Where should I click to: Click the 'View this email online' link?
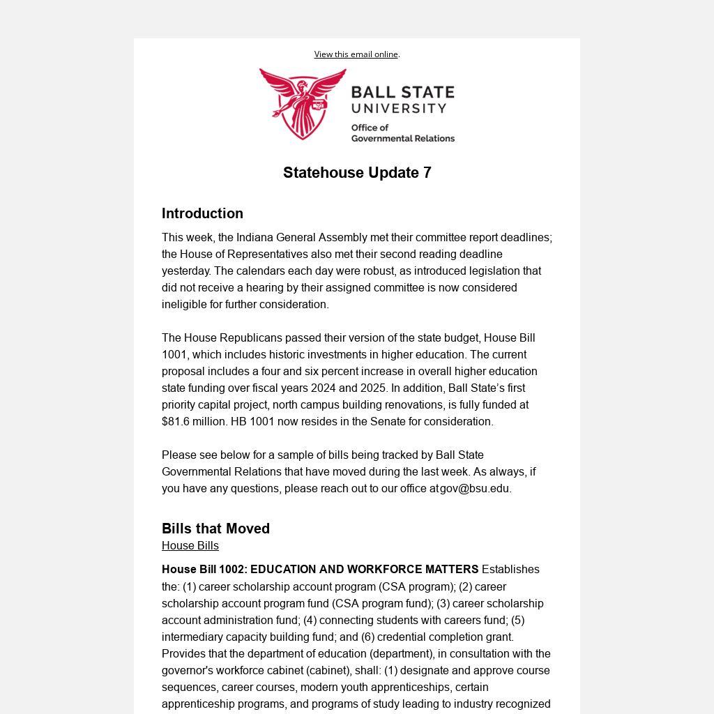(x=356, y=54)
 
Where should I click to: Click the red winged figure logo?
(x=303, y=103)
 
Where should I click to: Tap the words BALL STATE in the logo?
(x=402, y=93)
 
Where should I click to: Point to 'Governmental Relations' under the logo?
(x=402, y=138)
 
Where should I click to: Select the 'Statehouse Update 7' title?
(x=357, y=173)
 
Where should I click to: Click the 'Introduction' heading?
(x=202, y=213)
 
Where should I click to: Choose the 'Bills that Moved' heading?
(x=215, y=529)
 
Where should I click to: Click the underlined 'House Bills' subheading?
(x=190, y=546)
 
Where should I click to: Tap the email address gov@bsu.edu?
(x=474, y=489)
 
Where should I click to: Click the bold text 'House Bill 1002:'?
(x=204, y=570)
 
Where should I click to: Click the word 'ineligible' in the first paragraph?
(x=186, y=305)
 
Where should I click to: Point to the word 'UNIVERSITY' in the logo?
(x=399, y=109)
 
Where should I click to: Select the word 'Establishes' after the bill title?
(x=510, y=570)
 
